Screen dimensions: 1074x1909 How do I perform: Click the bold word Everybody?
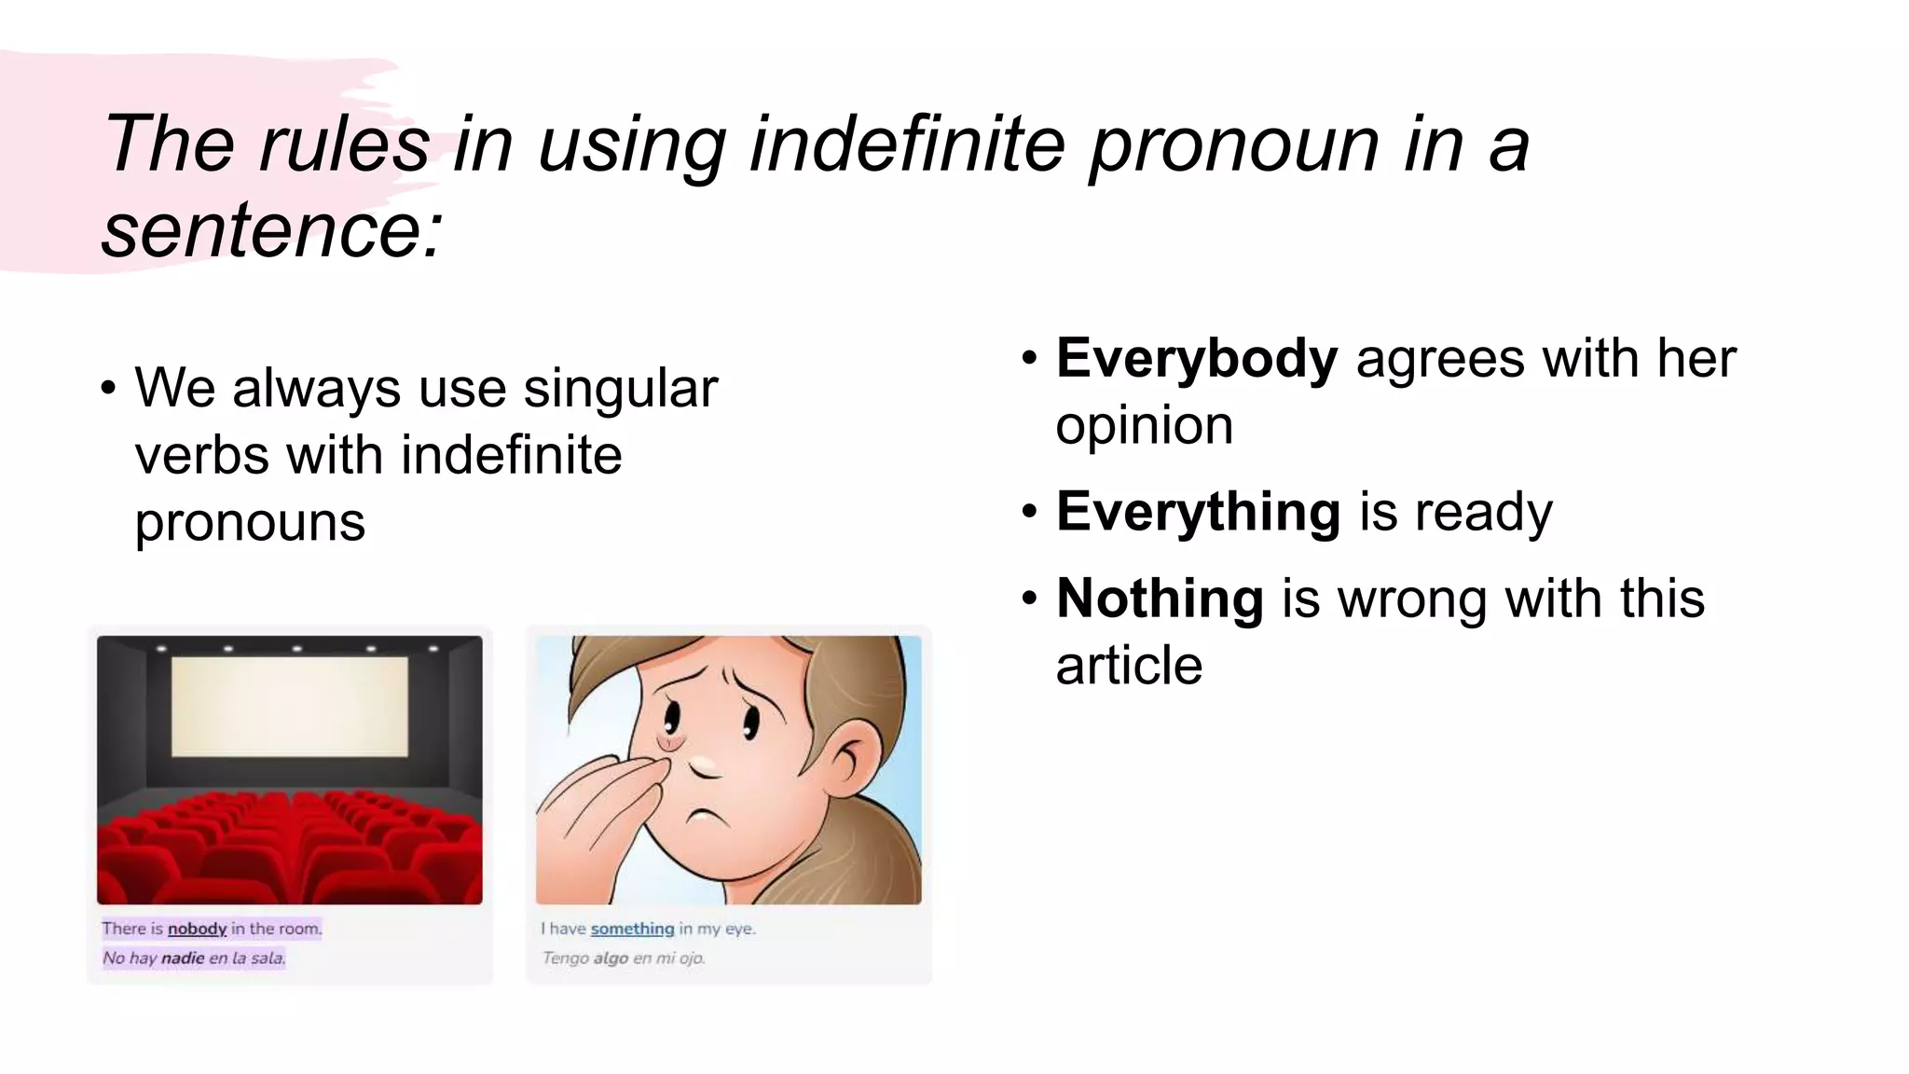[x=1197, y=359]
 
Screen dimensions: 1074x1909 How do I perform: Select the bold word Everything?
[x=1198, y=512]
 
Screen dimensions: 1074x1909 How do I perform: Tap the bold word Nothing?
[x=1160, y=599]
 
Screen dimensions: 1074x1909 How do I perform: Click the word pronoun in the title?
[x=1234, y=145]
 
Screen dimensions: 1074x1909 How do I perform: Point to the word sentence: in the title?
[x=271, y=230]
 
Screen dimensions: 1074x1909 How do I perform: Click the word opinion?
[x=1144, y=426]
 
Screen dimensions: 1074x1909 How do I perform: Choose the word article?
[x=1129, y=666]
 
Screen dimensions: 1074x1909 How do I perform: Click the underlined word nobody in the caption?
[x=197, y=929]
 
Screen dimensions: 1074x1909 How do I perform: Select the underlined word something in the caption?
[x=632, y=929]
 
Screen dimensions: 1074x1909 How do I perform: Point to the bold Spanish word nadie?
[x=182, y=958]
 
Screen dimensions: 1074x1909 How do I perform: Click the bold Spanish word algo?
[x=611, y=958]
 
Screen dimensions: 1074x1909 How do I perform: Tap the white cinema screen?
[x=290, y=706]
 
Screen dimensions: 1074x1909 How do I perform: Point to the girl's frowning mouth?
[x=708, y=819]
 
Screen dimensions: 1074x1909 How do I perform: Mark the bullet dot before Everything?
[x=1029, y=512]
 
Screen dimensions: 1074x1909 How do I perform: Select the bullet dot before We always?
[x=108, y=388]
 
